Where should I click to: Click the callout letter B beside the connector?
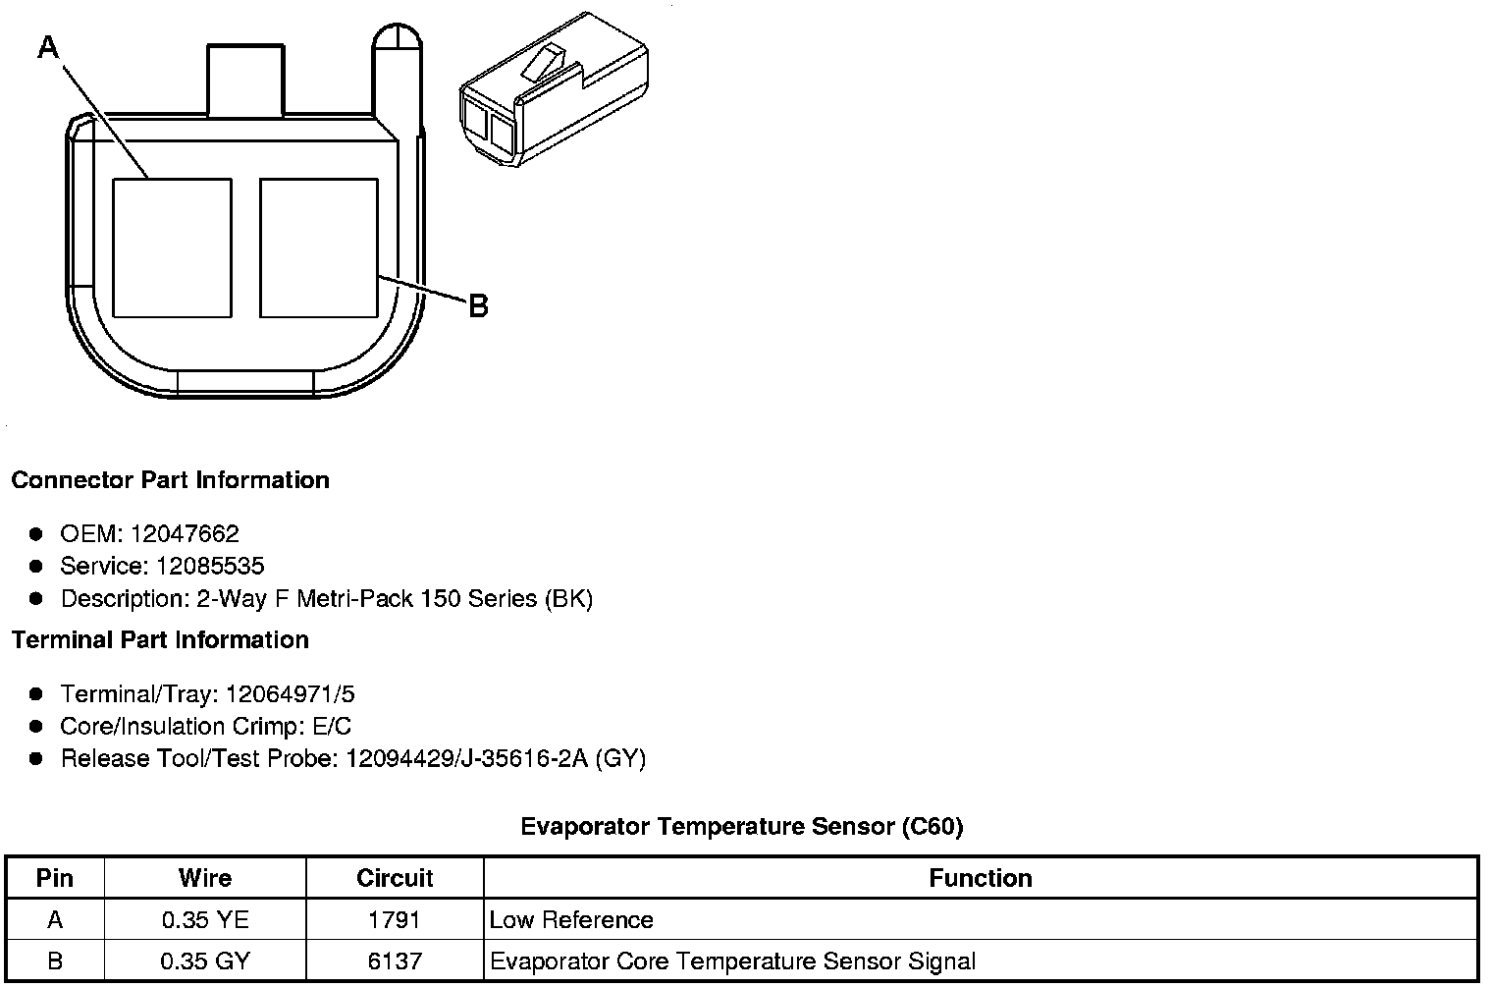point(478,306)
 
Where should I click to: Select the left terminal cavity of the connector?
point(173,247)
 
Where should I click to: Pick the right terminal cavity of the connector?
point(319,247)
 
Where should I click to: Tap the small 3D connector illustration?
point(552,90)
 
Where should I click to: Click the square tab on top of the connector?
point(244,81)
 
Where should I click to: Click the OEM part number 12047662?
point(184,534)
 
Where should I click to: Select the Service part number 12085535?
point(210,567)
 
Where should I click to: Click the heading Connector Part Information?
point(170,480)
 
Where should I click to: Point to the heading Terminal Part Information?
point(160,640)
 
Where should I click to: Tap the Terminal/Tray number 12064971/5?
point(290,695)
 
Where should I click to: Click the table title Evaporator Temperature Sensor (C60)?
point(741,827)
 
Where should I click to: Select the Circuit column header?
point(395,878)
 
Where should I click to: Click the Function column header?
point(980,878)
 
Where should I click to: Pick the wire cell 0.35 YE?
point(205,920)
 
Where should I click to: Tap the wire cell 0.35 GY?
point(205,961)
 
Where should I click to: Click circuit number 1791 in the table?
point(395,920)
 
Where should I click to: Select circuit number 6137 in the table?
point(395,961)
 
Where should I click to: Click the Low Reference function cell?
point(571,920)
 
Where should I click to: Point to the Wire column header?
point(205,878)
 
